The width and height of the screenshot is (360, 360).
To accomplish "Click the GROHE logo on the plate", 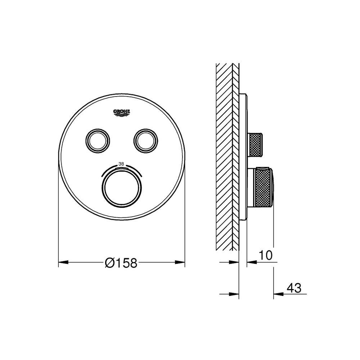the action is [x=122, y=112].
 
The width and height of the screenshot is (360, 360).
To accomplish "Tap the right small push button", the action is [x=146, y=140].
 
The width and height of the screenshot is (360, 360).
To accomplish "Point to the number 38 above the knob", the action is [x=121, y=164].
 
